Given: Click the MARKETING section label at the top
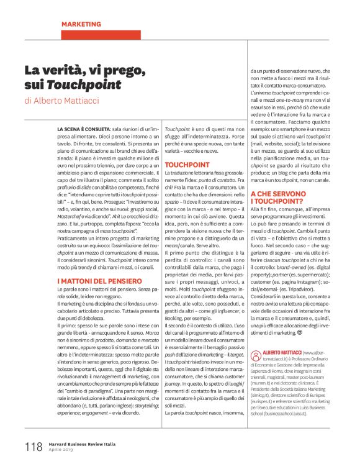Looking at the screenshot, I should pyautogui.click(x=81, y=24).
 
